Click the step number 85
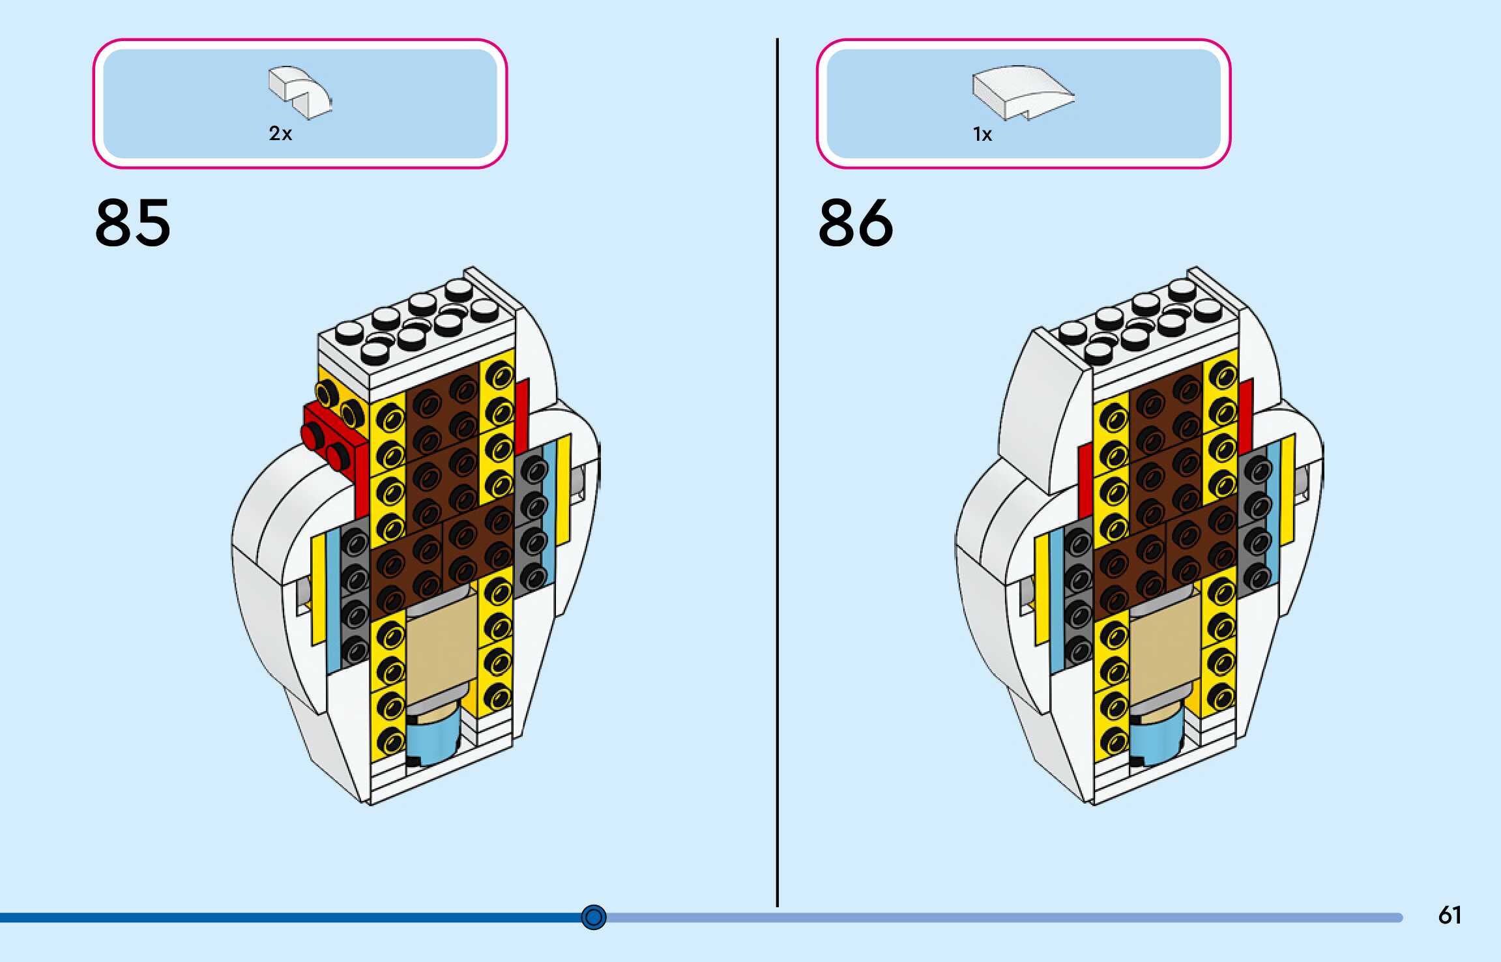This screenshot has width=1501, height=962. (x=133, y=223)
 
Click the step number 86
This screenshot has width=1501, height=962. (x=856, y=223)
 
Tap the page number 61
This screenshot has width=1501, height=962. (x=1450, y=915)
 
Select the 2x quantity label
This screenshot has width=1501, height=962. (x=280, y=134)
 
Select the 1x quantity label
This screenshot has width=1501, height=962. (x=982, y=134)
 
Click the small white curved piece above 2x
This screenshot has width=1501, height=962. (x=299, y=92)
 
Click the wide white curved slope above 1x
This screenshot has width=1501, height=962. (x=1022, y=92)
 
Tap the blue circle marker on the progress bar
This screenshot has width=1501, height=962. (x=593, y=917)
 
